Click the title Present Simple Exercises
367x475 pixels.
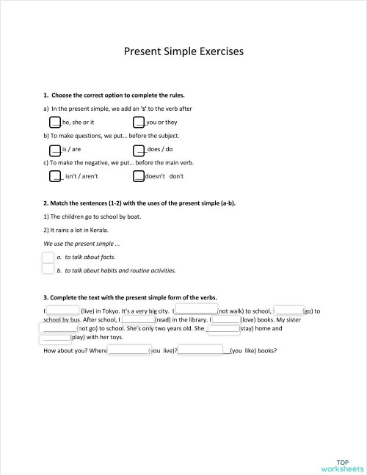pos(183,52)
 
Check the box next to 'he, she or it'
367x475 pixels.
pos(55,122)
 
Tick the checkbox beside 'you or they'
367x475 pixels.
pos(139,122)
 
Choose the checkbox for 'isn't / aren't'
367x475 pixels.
pos(55,175)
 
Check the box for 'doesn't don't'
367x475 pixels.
pos(139,175)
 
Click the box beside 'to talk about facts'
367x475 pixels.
pos(48,257)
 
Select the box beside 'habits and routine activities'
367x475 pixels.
pos(48,269)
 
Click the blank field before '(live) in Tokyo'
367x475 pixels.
pos(63,311)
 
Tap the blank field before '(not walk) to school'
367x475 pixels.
pos(196,311)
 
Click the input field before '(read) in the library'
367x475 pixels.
pos(138,320)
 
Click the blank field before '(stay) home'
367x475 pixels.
pos(224,330)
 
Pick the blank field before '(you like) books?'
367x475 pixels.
pos(203,350)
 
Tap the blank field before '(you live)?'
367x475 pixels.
pos(128,350)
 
